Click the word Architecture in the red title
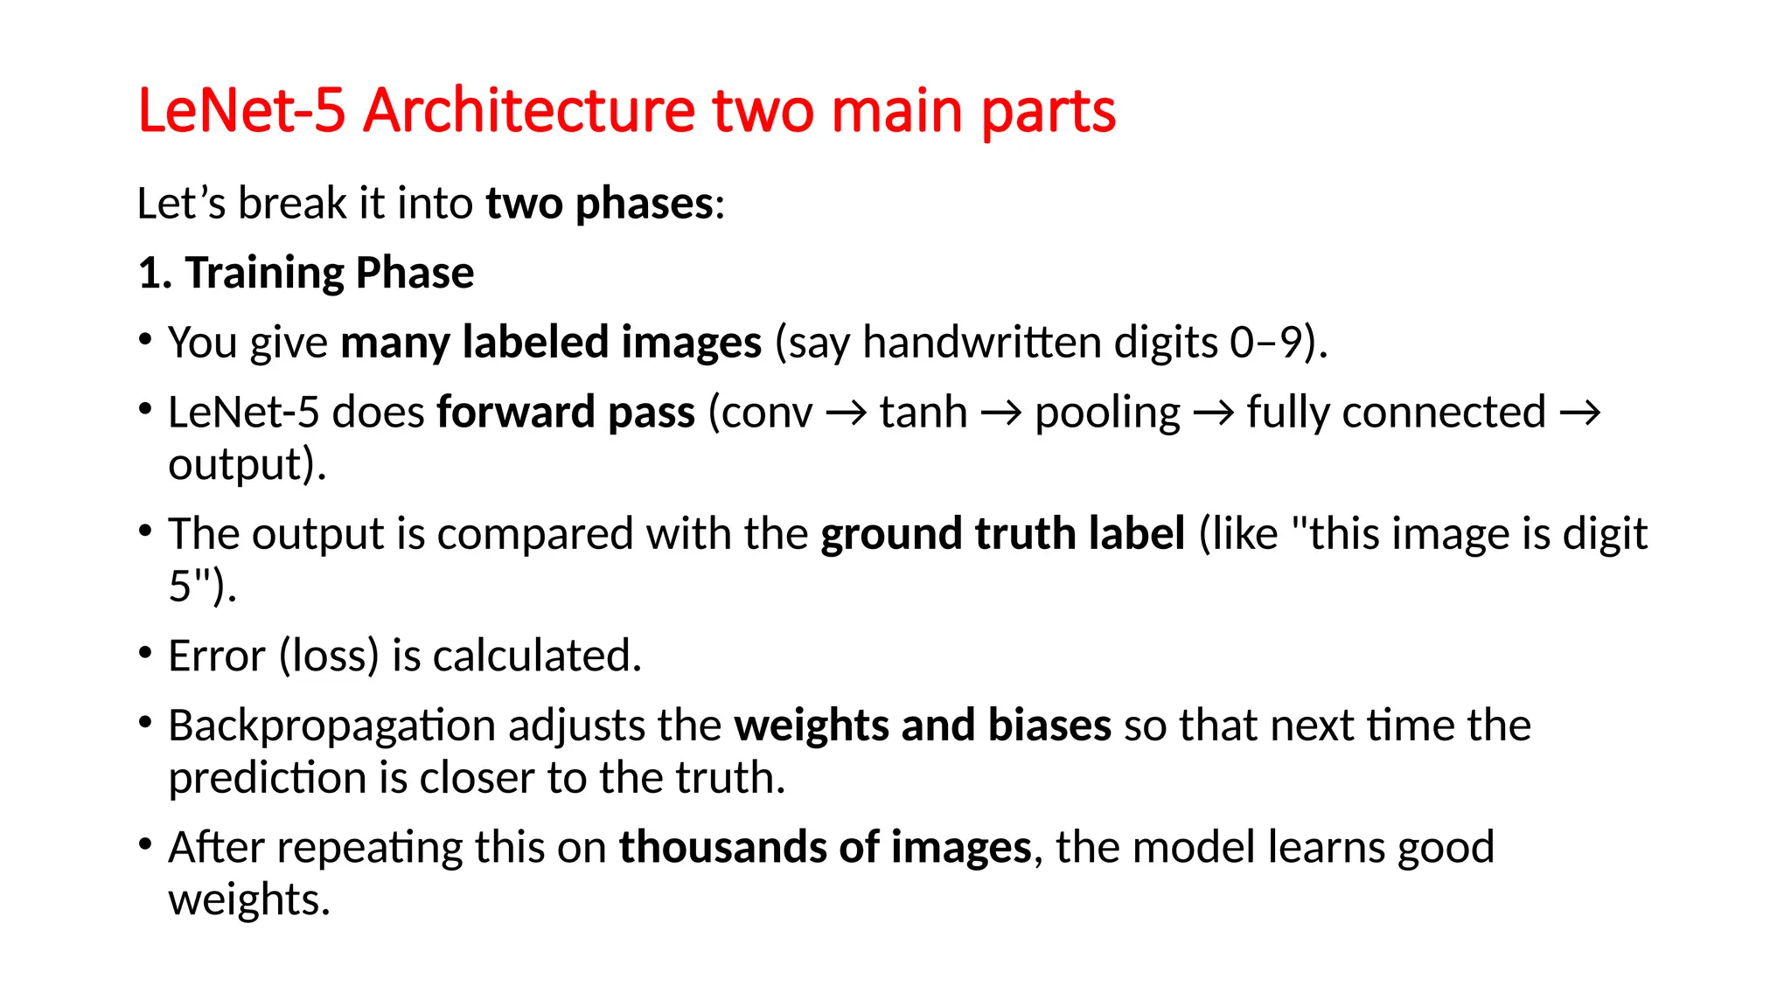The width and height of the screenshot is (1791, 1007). [529, 112]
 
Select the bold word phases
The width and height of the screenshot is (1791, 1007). [644, 205]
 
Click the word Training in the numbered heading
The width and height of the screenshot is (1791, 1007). [263, 274]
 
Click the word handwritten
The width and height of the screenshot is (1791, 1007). [981, 342]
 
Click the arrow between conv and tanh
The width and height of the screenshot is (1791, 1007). [846, 413]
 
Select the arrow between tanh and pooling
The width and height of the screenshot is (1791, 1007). [1001, 413]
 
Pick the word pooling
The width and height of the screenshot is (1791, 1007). [1107, 413]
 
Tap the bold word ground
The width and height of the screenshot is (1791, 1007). [891, 534]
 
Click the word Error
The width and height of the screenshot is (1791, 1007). [216, 656]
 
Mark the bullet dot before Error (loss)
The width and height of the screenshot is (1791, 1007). [146, 652]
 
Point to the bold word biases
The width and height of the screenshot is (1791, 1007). [1049, 726]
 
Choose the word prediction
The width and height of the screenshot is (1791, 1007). [267, 778]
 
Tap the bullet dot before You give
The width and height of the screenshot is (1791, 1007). [146, 338]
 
